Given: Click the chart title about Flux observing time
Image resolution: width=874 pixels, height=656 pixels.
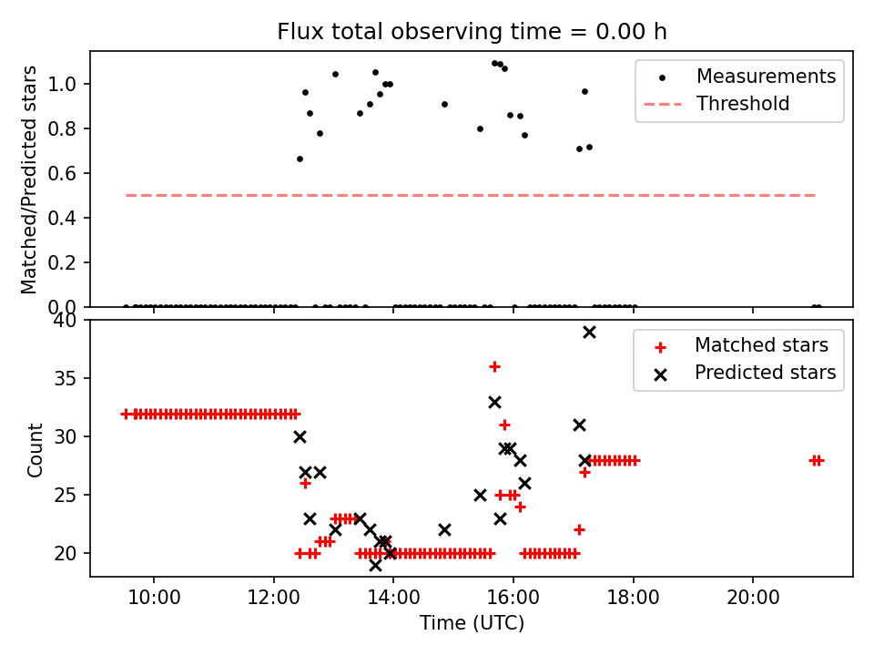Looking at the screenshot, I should pos(472,32).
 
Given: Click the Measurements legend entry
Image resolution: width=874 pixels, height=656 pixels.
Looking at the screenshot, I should pos(766,77).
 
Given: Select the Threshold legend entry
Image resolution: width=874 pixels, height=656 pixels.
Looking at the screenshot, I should pos(743,104).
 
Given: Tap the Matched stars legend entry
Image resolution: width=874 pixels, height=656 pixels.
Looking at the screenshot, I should pos(761,345).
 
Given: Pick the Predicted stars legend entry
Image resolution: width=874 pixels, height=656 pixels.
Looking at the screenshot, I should pos(765,372).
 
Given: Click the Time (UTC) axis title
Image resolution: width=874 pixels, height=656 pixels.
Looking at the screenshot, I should pos(472,623).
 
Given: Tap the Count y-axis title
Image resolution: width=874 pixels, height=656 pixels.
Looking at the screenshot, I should pos(36,449).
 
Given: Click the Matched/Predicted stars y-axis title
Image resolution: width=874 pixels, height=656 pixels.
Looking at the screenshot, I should pos(30,179).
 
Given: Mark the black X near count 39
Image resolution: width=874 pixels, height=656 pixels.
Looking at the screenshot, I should pos(589,332).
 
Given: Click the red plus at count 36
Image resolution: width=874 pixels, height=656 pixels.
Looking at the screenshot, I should pos(494,366).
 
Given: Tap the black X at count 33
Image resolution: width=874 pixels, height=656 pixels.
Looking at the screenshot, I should pos(494,402).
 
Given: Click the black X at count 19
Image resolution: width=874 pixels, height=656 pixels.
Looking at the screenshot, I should pos(375,565).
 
